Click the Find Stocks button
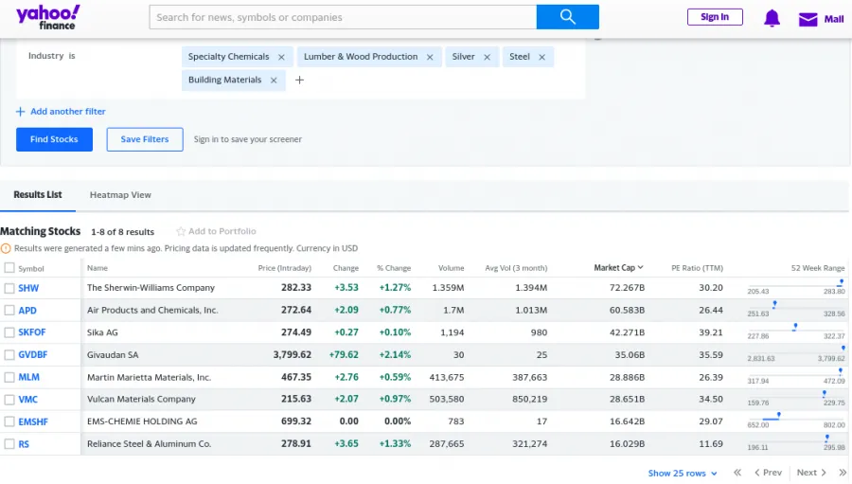pos(54,139)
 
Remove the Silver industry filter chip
pos(488,57)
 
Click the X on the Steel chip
pos(542,57)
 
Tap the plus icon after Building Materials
pos(299,81)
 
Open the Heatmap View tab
pos(120,195)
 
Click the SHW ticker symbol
pos(28,288)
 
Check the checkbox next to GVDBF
pos(9,355)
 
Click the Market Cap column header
pos(617,268)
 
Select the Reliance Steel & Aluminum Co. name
pos(149,444)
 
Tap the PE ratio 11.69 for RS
pos(711,444)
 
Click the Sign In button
pos(715,17)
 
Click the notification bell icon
pos(772,18)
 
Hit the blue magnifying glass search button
pos(568,17)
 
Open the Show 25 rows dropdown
pos(682,473)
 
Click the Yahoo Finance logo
pos(47,17)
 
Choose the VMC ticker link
pos(28,400)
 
